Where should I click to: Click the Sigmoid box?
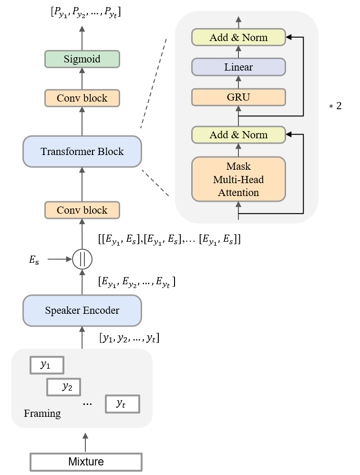point(82,60)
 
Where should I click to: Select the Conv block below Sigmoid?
point(82,98)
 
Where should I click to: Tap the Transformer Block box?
point(82,152)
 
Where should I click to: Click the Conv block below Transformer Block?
point(82,210)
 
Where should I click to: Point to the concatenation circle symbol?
point(82,259)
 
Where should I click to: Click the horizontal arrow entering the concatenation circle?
point(59,259)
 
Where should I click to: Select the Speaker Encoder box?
point(82,310)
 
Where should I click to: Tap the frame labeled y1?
point(46,365)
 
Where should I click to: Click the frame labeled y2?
point(63,387)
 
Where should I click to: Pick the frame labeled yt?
point(122,403)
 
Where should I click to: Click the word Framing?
point(42,413)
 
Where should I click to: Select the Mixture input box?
point(86,462)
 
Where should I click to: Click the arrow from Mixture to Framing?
point(85,442)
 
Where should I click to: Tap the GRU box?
point(238,97)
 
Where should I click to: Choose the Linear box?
point(238,67)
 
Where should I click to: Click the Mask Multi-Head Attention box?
point(238,179)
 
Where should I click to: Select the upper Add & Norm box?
point(238,37)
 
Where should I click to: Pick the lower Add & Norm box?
point(238,135)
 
